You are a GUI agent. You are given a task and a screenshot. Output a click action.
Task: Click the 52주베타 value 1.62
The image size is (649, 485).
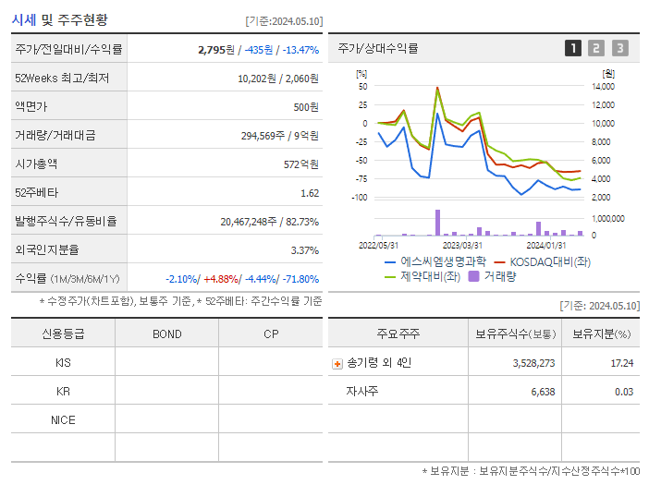click(x=309, y=193)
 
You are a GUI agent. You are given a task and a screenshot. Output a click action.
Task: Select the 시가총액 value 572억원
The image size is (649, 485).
click(x=301, y=164)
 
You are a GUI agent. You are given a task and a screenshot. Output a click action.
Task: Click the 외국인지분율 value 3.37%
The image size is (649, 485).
click(x=304, y=250)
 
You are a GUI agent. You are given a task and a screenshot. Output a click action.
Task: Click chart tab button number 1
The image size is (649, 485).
click(x=573, y=48)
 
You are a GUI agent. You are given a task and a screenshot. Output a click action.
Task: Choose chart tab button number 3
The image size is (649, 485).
click(x=619, y=48)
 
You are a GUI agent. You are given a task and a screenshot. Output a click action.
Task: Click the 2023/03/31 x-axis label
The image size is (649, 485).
click(x=462, y=245)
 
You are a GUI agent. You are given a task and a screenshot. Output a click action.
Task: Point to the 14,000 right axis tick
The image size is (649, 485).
click(x=602, y=87)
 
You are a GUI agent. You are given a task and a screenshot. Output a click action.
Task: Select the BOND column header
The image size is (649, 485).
click(x=166, y=333)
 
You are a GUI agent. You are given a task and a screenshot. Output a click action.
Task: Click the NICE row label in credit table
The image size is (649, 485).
click(x=63, y=420)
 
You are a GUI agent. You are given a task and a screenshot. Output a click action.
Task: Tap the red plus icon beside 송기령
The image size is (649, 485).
click(x=337, y=364)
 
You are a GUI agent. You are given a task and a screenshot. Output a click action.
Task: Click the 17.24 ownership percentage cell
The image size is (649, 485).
click(x=622, y=363)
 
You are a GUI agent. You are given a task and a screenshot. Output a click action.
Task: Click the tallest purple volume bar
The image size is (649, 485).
click(x=437, y=223)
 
